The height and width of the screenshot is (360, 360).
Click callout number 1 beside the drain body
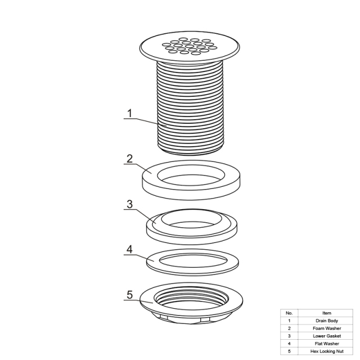pos(130,113)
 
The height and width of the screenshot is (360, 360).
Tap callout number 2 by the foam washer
pos(130,159)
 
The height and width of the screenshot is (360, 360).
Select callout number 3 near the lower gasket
pos(130,204)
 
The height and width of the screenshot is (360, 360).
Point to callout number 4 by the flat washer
pos(130,249)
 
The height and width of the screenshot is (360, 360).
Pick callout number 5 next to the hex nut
pos(130,295)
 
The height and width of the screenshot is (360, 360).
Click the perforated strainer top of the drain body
pos(190,47)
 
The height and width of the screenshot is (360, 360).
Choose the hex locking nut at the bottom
pos(147,303)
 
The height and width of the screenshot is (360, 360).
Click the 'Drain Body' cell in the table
pos(326,321)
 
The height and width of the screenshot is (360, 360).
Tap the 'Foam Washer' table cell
pos(326,328)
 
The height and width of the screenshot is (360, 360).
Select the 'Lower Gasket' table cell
pos(326,336)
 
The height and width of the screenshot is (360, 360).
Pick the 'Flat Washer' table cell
pos(326,344)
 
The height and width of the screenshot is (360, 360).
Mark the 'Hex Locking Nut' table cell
pos(326,351)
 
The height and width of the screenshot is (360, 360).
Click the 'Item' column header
pos(326,313)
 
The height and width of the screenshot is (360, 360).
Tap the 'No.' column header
pos(289,313)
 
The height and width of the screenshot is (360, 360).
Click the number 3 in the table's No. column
pos(289,336)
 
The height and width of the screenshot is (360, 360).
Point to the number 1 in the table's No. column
pos(289,321)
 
